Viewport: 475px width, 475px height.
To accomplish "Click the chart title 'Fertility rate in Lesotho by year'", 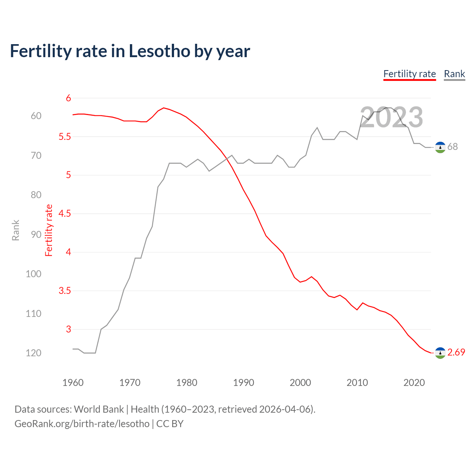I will click(x=130, y=51).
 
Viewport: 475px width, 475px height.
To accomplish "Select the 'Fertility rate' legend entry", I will click(x=409, y=74).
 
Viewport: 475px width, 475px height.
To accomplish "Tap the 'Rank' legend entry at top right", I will click(x=454, y=74).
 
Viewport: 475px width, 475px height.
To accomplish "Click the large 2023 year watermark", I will click(x=392, y=117).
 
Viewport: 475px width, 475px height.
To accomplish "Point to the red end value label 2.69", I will click(x=456, y=352).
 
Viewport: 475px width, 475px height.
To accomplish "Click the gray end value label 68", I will click(x=452, y=147).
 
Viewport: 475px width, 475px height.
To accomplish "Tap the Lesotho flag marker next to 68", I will click(x=440, y=147).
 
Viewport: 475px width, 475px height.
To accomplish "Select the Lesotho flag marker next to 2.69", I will click(x=440, y=353).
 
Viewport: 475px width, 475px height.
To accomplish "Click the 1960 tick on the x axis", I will click(x=73, y=383).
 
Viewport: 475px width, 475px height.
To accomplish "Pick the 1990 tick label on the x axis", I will click(x=243, y=383).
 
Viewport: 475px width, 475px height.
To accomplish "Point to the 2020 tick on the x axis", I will click(x=414, y=383).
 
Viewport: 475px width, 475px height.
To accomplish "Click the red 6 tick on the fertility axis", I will click(x=68, y=98).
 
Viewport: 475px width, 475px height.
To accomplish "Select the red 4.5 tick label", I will click(x=65, y=214).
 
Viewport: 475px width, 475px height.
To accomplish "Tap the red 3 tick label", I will click(x=68, y=329).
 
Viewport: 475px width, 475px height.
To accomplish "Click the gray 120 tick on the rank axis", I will click(x=33, y=353).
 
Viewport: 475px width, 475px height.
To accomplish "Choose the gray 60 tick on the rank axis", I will click(x=36, y=116).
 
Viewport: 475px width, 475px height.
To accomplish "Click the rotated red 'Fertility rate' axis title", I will click(x=49, y=230).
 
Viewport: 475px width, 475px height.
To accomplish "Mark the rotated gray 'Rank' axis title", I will click(x=16, y=230).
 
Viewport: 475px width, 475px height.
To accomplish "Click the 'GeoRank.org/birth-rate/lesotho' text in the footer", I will click(x=82, y=424).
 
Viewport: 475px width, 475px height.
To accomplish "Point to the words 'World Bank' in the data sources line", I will click(x=99, y=409).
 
